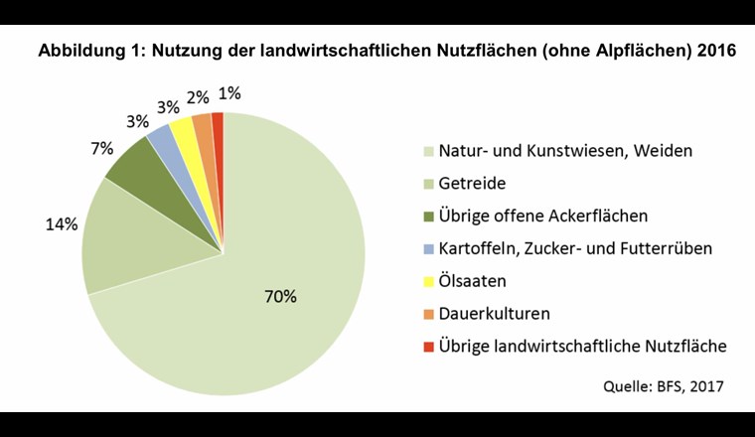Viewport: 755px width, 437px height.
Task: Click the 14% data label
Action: (61, 224)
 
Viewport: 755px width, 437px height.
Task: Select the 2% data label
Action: (197, 96)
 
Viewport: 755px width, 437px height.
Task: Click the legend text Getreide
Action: (473, 184)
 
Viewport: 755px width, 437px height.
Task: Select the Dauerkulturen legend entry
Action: (494, 314)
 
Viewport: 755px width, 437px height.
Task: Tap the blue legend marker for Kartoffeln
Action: (428, 249)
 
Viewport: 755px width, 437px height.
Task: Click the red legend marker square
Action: (428, 347)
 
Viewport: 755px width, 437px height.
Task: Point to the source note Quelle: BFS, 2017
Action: (665, 383)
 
